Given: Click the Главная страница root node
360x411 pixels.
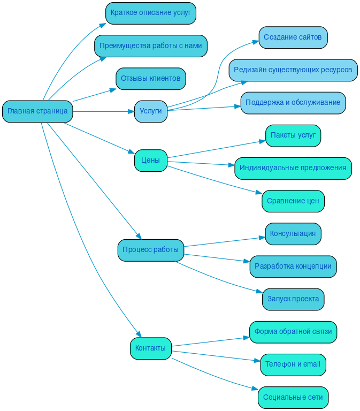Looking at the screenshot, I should pyautogui.click(x=37, y=111).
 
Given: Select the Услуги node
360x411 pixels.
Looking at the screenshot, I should pyautogui.click(x=150, y=111).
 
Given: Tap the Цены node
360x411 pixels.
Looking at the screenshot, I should pyautogui.click(x=150, y=160).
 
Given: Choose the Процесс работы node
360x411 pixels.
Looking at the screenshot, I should pyautogui.click(x=150, y=250).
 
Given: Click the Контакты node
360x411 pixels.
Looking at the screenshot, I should pyautogui.click(x=150, y=348).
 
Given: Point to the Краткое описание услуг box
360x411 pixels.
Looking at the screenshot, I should pyautogui.click(x=150, y=13).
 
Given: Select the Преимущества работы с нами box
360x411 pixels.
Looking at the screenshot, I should pyautogui.click(x=150, y=46).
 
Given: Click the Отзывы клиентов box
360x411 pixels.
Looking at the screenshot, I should pyautogui.click(x=150, y=79).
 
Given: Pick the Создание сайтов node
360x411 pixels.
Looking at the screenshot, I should pyautogui.click(x=293, y=37).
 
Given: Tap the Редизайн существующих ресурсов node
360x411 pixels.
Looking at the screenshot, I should pyautogui.click(x=293, y=70).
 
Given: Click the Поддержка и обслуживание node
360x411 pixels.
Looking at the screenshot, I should pyautogui.click(x=293, y=103).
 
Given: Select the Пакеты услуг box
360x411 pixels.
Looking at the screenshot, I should pyautogui.click(x=293, y=135).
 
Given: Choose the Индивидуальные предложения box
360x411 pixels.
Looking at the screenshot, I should pyautogui.click(x=293, y=168).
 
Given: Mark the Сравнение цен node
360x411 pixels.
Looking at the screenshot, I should pyautogui.click(x=293, y=201).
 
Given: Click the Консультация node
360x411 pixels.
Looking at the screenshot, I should pyautogui.click(x=293, y=234).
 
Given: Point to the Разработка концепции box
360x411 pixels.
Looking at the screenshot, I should pyautogui.click(x=293, y=267).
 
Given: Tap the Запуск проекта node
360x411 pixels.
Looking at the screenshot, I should pyautogui.click(x=293, y=299).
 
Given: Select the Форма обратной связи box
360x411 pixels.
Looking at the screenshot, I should pyautogui.click(x=293, y=332).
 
